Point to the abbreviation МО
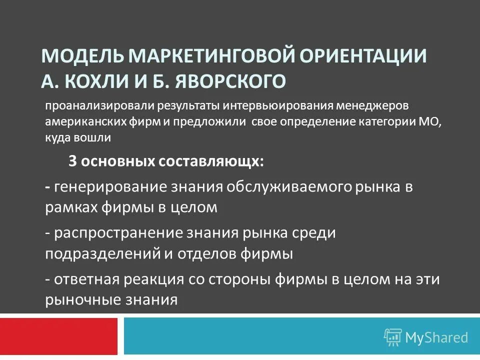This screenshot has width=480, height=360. (x=431, y=122)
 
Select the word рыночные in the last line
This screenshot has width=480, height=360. (x=77, y=299)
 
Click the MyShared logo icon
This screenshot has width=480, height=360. (x=392, y=337)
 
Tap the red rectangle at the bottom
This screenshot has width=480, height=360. (x=58, y=336)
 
